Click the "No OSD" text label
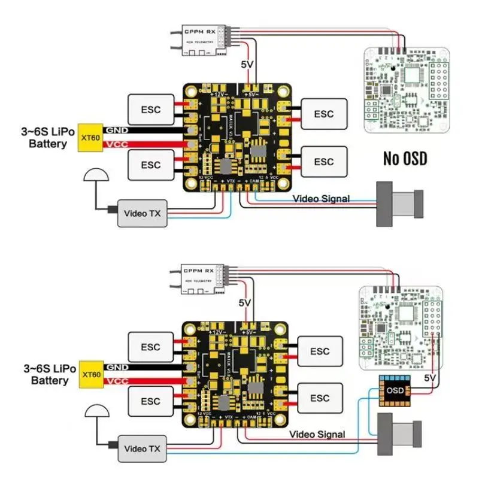click(x=408, y=159)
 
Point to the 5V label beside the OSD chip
click(x=430, y=378)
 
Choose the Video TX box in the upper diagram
click(x=142, y=213)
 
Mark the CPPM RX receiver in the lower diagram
click(x=202, y=277)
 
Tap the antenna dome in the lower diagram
click(x=95, y=411)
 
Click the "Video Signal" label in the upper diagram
click(x=321, y=199)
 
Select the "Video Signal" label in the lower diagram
click(x=317, y=434)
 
